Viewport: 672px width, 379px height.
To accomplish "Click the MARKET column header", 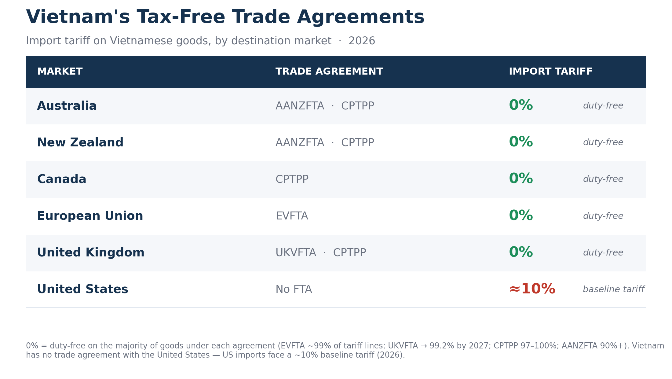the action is (x=60, y=72).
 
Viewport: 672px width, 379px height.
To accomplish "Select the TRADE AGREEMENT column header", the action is (x=329, y=72).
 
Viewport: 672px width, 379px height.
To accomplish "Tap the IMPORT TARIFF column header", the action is (x=550, y=72).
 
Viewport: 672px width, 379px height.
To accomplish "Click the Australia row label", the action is (x=67, y=106).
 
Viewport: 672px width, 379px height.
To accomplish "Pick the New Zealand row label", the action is (x=80, y=143).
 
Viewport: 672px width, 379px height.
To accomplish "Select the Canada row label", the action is (x=62, y=179).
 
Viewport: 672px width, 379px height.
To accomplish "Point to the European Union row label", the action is (x=90, y=216).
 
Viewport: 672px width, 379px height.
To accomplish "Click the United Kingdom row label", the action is (x=91, y=253).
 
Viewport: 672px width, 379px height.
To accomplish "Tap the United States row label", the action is (x=82, y=289).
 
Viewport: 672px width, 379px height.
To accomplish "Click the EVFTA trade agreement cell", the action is (x=292, y=216).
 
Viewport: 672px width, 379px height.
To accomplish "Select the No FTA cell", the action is (x=294, y=289).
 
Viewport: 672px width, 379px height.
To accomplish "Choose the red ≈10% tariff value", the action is (x=532, y=289).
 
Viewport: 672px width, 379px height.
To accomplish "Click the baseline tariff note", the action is (x=613, y=289).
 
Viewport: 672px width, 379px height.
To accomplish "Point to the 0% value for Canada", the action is (x=521, y=179).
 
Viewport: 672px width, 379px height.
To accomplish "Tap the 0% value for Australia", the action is (x=521, y=105).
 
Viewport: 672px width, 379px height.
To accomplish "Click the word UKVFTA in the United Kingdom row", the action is (x=296, y=253).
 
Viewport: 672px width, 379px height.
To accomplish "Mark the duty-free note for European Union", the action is (x=603, y=216).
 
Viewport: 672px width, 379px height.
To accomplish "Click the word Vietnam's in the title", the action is (x=78, y=17).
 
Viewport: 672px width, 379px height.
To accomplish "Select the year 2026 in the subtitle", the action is (x=362, y=41).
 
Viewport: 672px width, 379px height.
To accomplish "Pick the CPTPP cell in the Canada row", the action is (x=292, y=179).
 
